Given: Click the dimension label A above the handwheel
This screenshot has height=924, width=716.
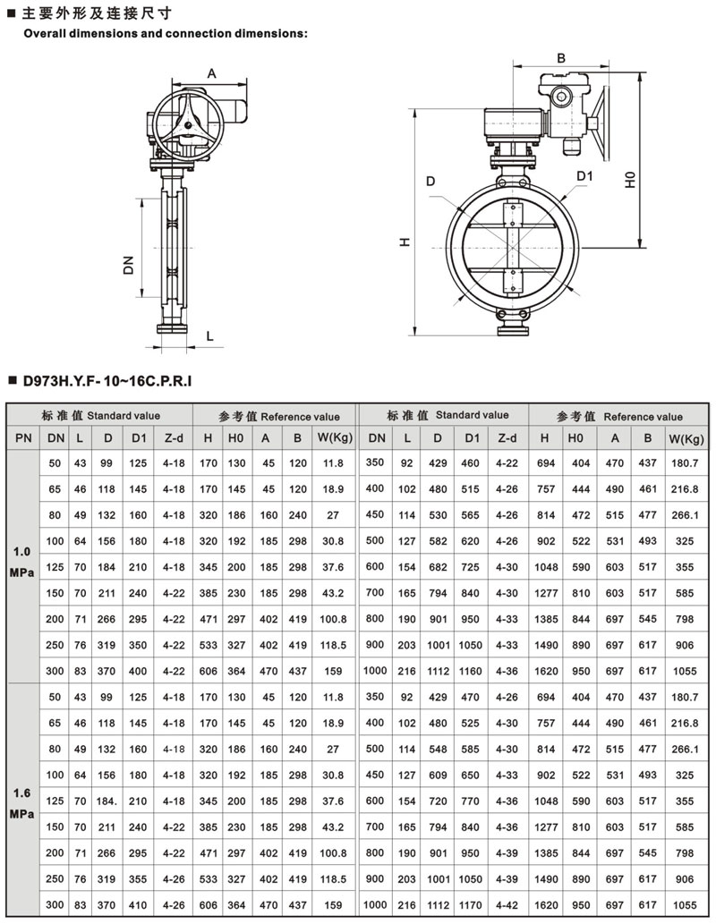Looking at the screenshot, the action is (212, 73).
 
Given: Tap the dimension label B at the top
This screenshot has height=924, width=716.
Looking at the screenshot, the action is (561, 58).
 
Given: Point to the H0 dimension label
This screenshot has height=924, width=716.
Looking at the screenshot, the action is (630, 180).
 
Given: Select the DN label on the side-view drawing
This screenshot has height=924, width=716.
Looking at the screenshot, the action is (129, 265).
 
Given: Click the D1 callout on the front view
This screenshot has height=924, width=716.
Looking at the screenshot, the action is (584, 175).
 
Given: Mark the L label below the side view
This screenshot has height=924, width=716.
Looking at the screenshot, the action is (210, 336).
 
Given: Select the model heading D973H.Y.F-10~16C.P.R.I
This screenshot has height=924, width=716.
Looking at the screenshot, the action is (107, 381).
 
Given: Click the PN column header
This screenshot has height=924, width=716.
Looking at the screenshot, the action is (23, 437).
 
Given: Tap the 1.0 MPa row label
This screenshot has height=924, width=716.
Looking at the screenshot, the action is (22, 562).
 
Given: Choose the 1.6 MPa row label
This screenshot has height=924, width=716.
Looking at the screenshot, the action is (22, 803).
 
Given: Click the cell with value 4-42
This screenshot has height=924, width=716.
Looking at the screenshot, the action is (507, 904).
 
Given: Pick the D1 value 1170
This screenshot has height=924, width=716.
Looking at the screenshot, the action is (470, 904).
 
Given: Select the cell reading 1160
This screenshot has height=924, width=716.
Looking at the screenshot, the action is (470, 671).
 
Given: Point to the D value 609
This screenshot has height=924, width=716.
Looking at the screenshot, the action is (438, 775).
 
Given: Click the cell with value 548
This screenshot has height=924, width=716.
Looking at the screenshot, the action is (438, 749).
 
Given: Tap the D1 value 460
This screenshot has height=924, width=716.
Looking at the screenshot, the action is (470, 463).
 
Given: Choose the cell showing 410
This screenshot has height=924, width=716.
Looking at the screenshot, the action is (138, 904).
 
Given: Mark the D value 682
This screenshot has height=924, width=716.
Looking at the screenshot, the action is (438, 567).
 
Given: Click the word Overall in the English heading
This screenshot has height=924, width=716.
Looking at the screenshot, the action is (45, 34).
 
